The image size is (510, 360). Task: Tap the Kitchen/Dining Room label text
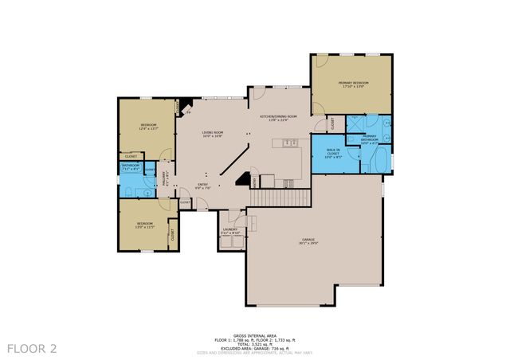pos(278,117)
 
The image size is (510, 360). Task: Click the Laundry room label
pos(230,231)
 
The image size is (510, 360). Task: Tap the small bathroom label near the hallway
pos(130,167)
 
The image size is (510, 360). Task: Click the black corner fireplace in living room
pos(186,105)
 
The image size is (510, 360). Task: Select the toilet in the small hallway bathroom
pos(127,191)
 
